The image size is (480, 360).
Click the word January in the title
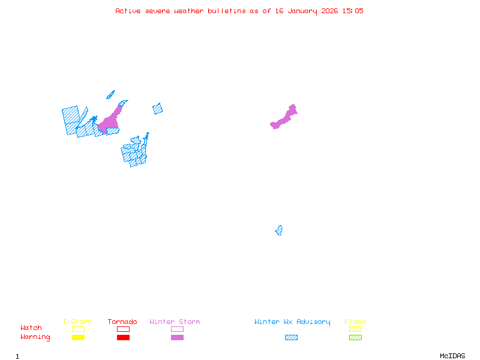tap(296, 11)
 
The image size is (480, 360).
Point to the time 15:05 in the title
tap(353, 11)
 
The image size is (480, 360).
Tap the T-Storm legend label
tap(77, 322)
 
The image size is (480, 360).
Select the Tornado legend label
tap(122, 322)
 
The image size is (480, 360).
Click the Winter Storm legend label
tap(175, 322)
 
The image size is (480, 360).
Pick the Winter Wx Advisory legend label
tap(292, 322)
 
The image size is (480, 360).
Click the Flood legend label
tap(355, 322)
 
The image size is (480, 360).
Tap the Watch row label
tap(31, 328)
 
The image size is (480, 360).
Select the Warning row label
tap(35, 337)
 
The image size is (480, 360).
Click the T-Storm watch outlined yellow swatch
tap(78, 329)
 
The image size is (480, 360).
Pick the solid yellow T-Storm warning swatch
tap(78, 337)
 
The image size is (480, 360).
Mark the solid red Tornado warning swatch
tap(123, 337)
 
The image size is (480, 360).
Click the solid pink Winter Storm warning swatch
tap(177, 337)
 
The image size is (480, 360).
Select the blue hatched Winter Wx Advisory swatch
tap(291, 337)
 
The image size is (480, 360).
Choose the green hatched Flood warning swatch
tap(355, 337)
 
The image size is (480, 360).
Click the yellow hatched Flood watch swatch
tap(355, 329)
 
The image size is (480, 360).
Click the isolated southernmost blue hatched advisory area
tap(279, 230)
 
